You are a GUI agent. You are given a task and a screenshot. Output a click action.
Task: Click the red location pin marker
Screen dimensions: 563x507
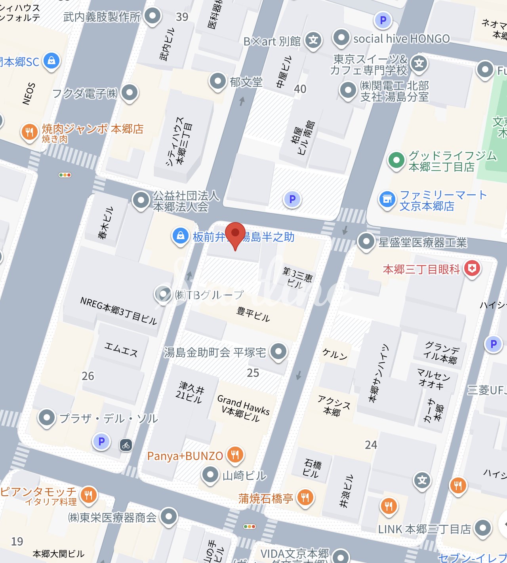tap(235, 234)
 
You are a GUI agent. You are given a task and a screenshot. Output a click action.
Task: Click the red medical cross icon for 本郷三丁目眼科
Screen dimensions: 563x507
tap(472, 269)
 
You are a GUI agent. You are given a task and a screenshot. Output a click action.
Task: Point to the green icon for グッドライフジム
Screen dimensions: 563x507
tap(396, 160)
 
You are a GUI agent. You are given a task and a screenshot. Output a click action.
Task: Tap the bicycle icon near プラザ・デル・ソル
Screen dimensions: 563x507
tap(126, 445)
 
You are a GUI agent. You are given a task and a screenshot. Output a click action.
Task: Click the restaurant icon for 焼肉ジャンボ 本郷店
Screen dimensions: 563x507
tap(29, 132)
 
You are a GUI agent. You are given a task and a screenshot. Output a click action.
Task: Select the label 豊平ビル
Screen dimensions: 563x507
tap(253, 314)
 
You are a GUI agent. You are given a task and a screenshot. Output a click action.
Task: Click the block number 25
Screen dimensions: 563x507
tap(253, 373)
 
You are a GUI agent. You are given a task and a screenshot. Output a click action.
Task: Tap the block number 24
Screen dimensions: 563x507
tap(371, 445)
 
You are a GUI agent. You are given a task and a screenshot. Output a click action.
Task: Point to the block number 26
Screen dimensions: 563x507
tap(88, 376)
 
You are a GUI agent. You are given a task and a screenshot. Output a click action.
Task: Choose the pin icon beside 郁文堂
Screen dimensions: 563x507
tap(217, 81)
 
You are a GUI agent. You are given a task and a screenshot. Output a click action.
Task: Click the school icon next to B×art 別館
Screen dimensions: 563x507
tap(313, 40)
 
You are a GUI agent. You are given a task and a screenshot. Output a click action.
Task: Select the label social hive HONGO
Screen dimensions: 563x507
tap(401, 39)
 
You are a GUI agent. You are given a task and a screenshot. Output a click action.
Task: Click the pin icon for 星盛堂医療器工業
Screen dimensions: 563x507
tap(366, 241)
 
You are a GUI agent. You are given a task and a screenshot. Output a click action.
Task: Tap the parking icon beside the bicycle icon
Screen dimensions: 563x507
tap(101, 441)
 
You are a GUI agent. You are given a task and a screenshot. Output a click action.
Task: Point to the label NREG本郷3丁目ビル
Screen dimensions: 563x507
tap(118, 311)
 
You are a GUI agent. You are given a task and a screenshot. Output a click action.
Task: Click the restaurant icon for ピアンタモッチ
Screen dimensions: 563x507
tap(88, 495)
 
